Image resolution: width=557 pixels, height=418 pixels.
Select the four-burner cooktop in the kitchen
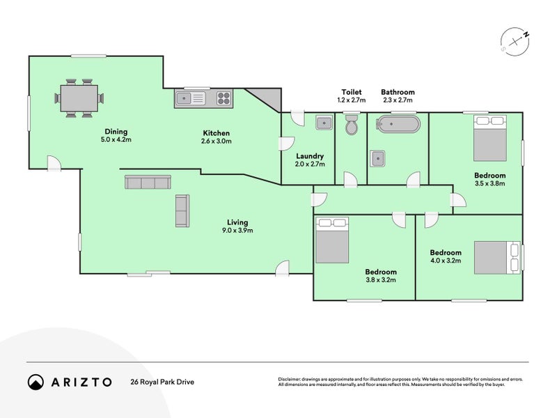point(223,99)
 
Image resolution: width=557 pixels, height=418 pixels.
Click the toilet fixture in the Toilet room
point(352,125)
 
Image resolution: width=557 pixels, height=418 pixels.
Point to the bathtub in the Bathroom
point(398,126)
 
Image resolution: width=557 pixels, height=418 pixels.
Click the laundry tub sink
point(324,123)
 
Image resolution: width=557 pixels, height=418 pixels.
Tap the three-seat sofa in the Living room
point(148,183)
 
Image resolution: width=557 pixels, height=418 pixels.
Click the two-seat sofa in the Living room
point(182,210)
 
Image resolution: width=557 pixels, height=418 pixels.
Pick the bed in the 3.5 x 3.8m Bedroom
point(490,138)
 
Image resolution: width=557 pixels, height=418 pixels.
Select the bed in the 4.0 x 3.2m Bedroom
point(497,258)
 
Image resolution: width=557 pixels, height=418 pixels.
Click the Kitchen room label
point(216,133)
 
